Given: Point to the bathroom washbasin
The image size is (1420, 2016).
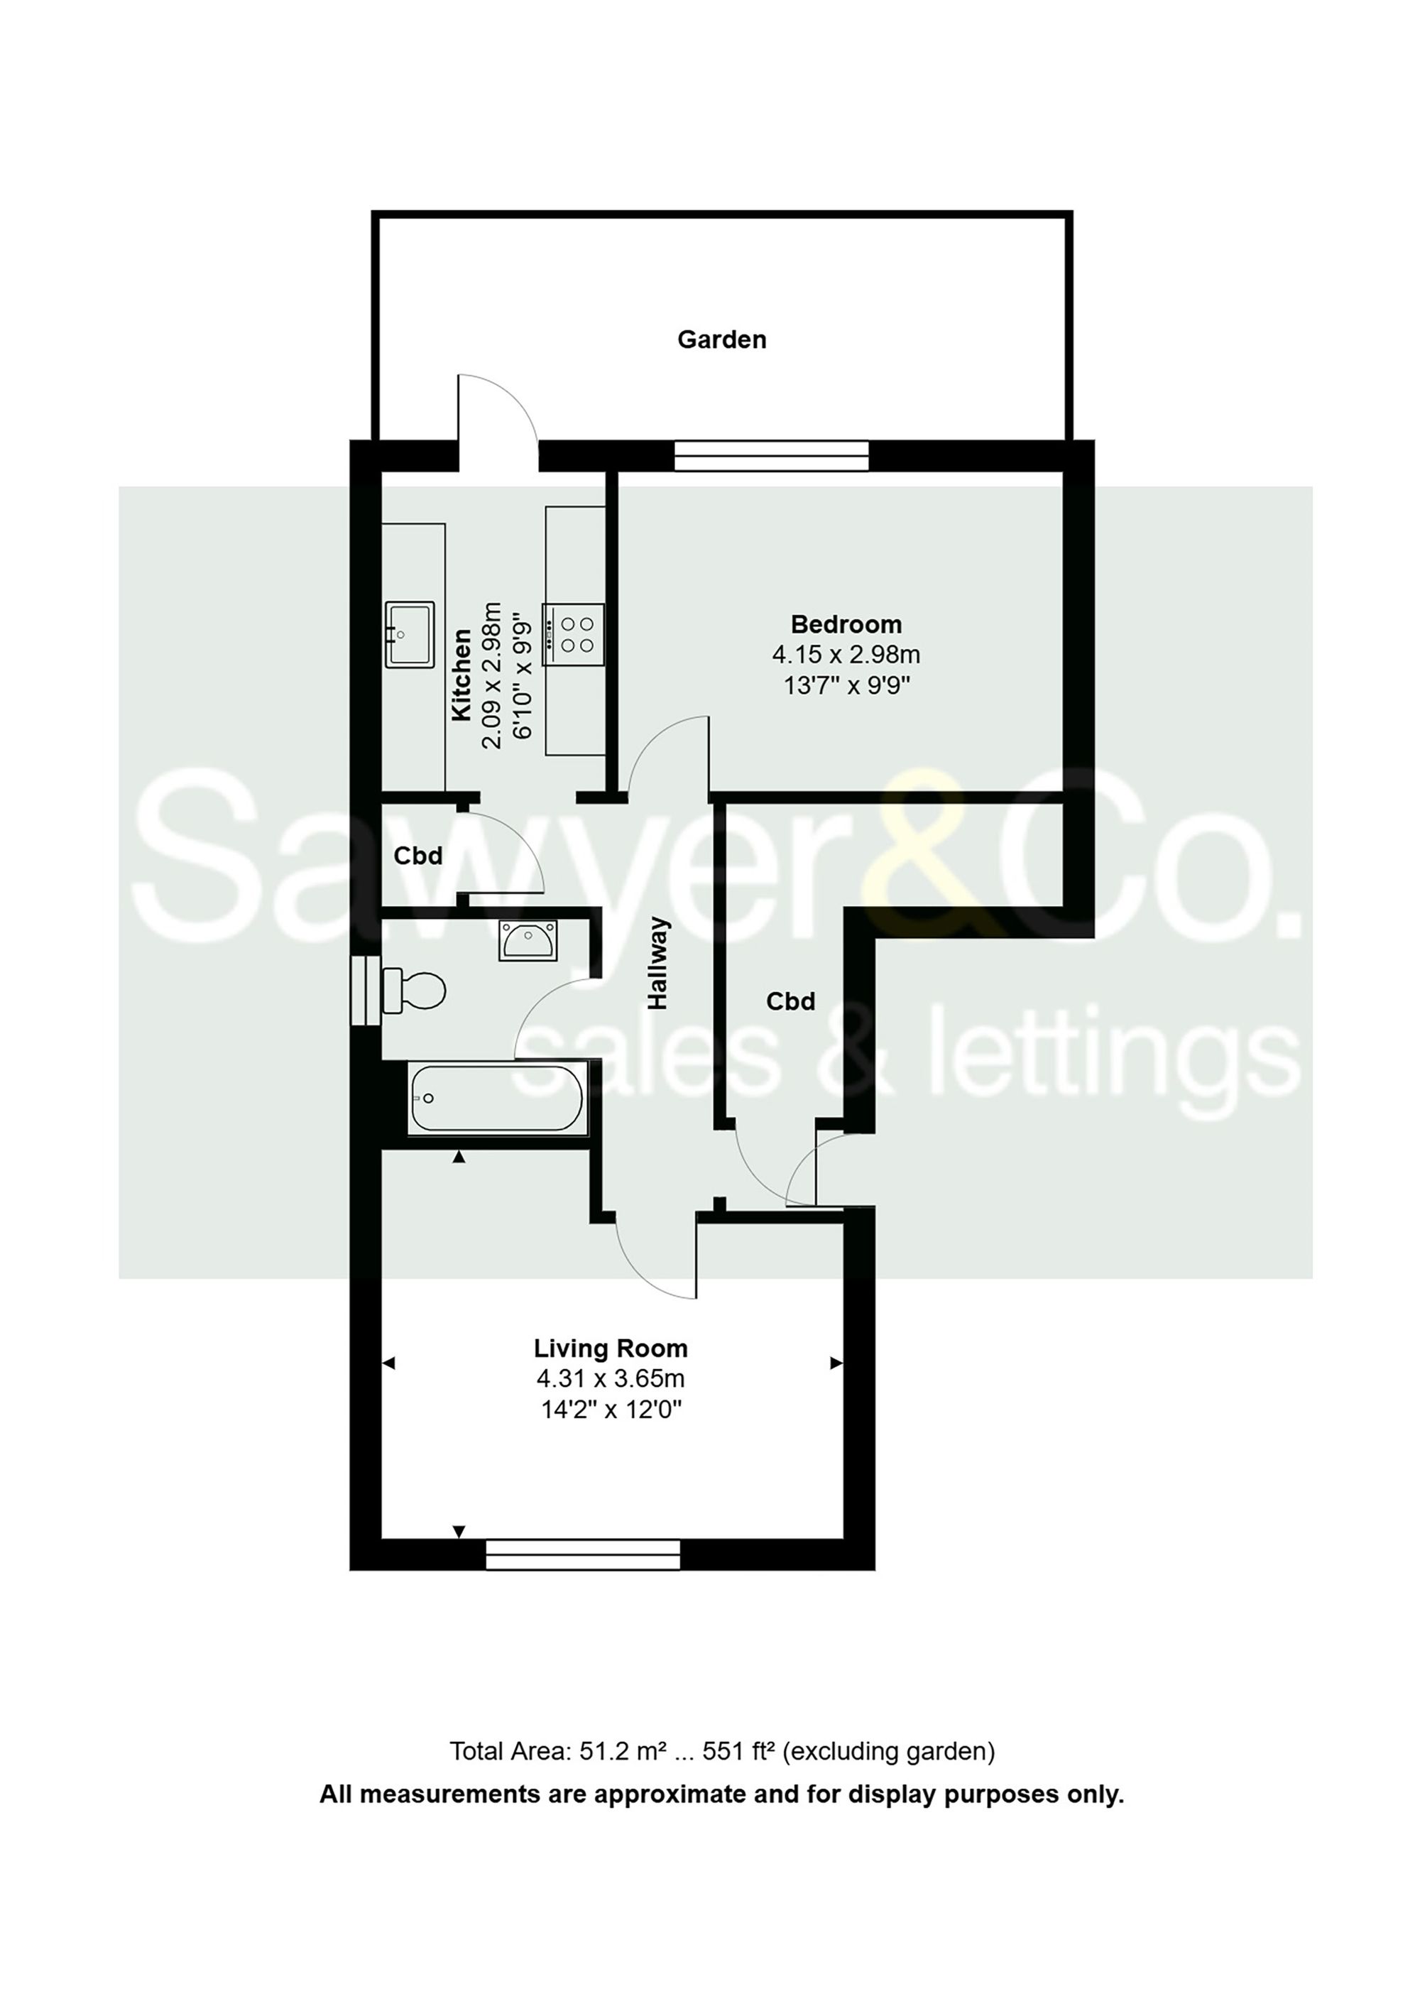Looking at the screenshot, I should (x=528, y=939).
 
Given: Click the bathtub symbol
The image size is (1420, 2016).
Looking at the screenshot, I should (x=496, y=1098).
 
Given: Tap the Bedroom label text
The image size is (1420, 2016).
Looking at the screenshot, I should (x=846, y=624).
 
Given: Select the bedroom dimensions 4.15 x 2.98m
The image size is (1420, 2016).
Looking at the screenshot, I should (x=846, y=654).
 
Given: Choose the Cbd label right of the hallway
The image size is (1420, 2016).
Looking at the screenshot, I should (x=790, y=1001).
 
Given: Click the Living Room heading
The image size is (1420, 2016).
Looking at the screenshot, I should (x=611, y=1348).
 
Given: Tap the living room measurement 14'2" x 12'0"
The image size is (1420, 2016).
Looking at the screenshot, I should (x=611, y=1410).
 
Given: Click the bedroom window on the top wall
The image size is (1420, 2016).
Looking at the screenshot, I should (x=770, y=456).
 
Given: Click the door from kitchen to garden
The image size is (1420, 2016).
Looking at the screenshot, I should (x=497, y=417).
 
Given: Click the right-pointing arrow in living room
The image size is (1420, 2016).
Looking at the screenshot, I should (x=836, y=1363).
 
